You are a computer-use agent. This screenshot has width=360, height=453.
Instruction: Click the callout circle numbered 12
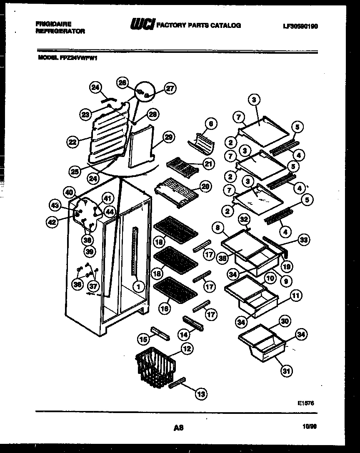[187, 349]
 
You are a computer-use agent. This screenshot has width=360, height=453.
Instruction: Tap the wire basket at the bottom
[155, 365]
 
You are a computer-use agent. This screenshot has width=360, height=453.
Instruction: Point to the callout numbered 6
[211, 124]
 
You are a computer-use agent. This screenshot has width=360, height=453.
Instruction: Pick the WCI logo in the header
[142, 25]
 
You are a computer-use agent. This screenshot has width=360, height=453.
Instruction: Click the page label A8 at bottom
[179, 427]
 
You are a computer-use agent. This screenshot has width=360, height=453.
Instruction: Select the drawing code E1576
[306, 403]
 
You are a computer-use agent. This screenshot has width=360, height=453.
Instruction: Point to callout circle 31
[286, 371]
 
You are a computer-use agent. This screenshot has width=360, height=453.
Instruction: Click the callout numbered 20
[205, 187]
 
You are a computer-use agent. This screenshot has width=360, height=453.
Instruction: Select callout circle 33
[304, 240]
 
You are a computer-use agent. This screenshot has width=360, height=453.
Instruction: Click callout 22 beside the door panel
[72, 142]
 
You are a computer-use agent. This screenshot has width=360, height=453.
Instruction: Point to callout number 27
[170, 88]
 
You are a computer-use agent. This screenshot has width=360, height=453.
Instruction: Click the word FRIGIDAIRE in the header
[48, 25]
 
